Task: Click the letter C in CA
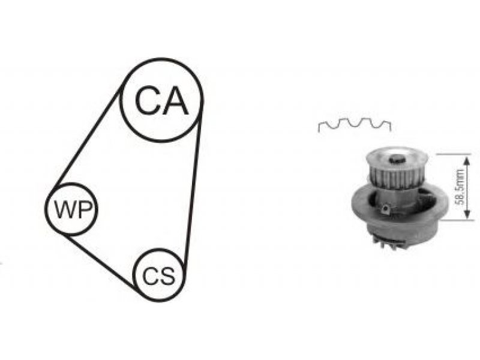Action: [x=146, y=100]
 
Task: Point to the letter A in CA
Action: [x=174, y=100]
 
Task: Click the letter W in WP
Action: [x=64, y=209]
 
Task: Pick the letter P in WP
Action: [x=83, y=209]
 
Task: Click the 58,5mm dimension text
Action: [x=460, y=187]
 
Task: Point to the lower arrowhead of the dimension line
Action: [x=467, y=214]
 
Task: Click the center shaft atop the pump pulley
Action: [x=397, y=159]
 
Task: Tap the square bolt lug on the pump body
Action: [x=385, y=209]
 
